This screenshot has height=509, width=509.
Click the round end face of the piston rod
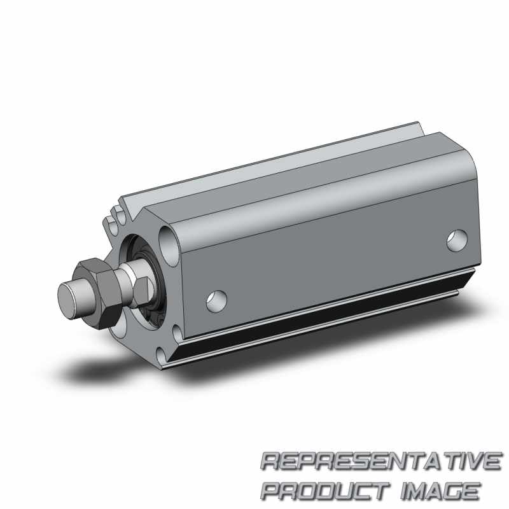point(68,298)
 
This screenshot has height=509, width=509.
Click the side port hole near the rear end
point(457,241)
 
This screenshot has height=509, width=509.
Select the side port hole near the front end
point(216,301)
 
